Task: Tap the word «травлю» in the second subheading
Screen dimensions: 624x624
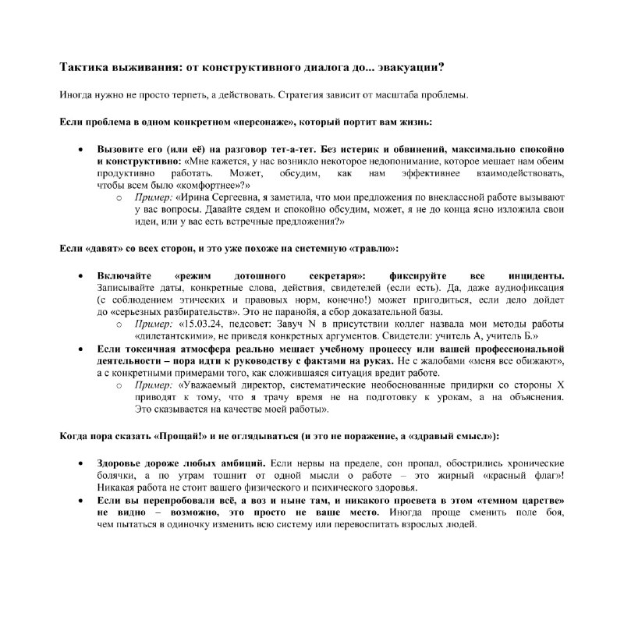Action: pos(371,248)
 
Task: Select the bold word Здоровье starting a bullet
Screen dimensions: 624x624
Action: pos(119,464)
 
